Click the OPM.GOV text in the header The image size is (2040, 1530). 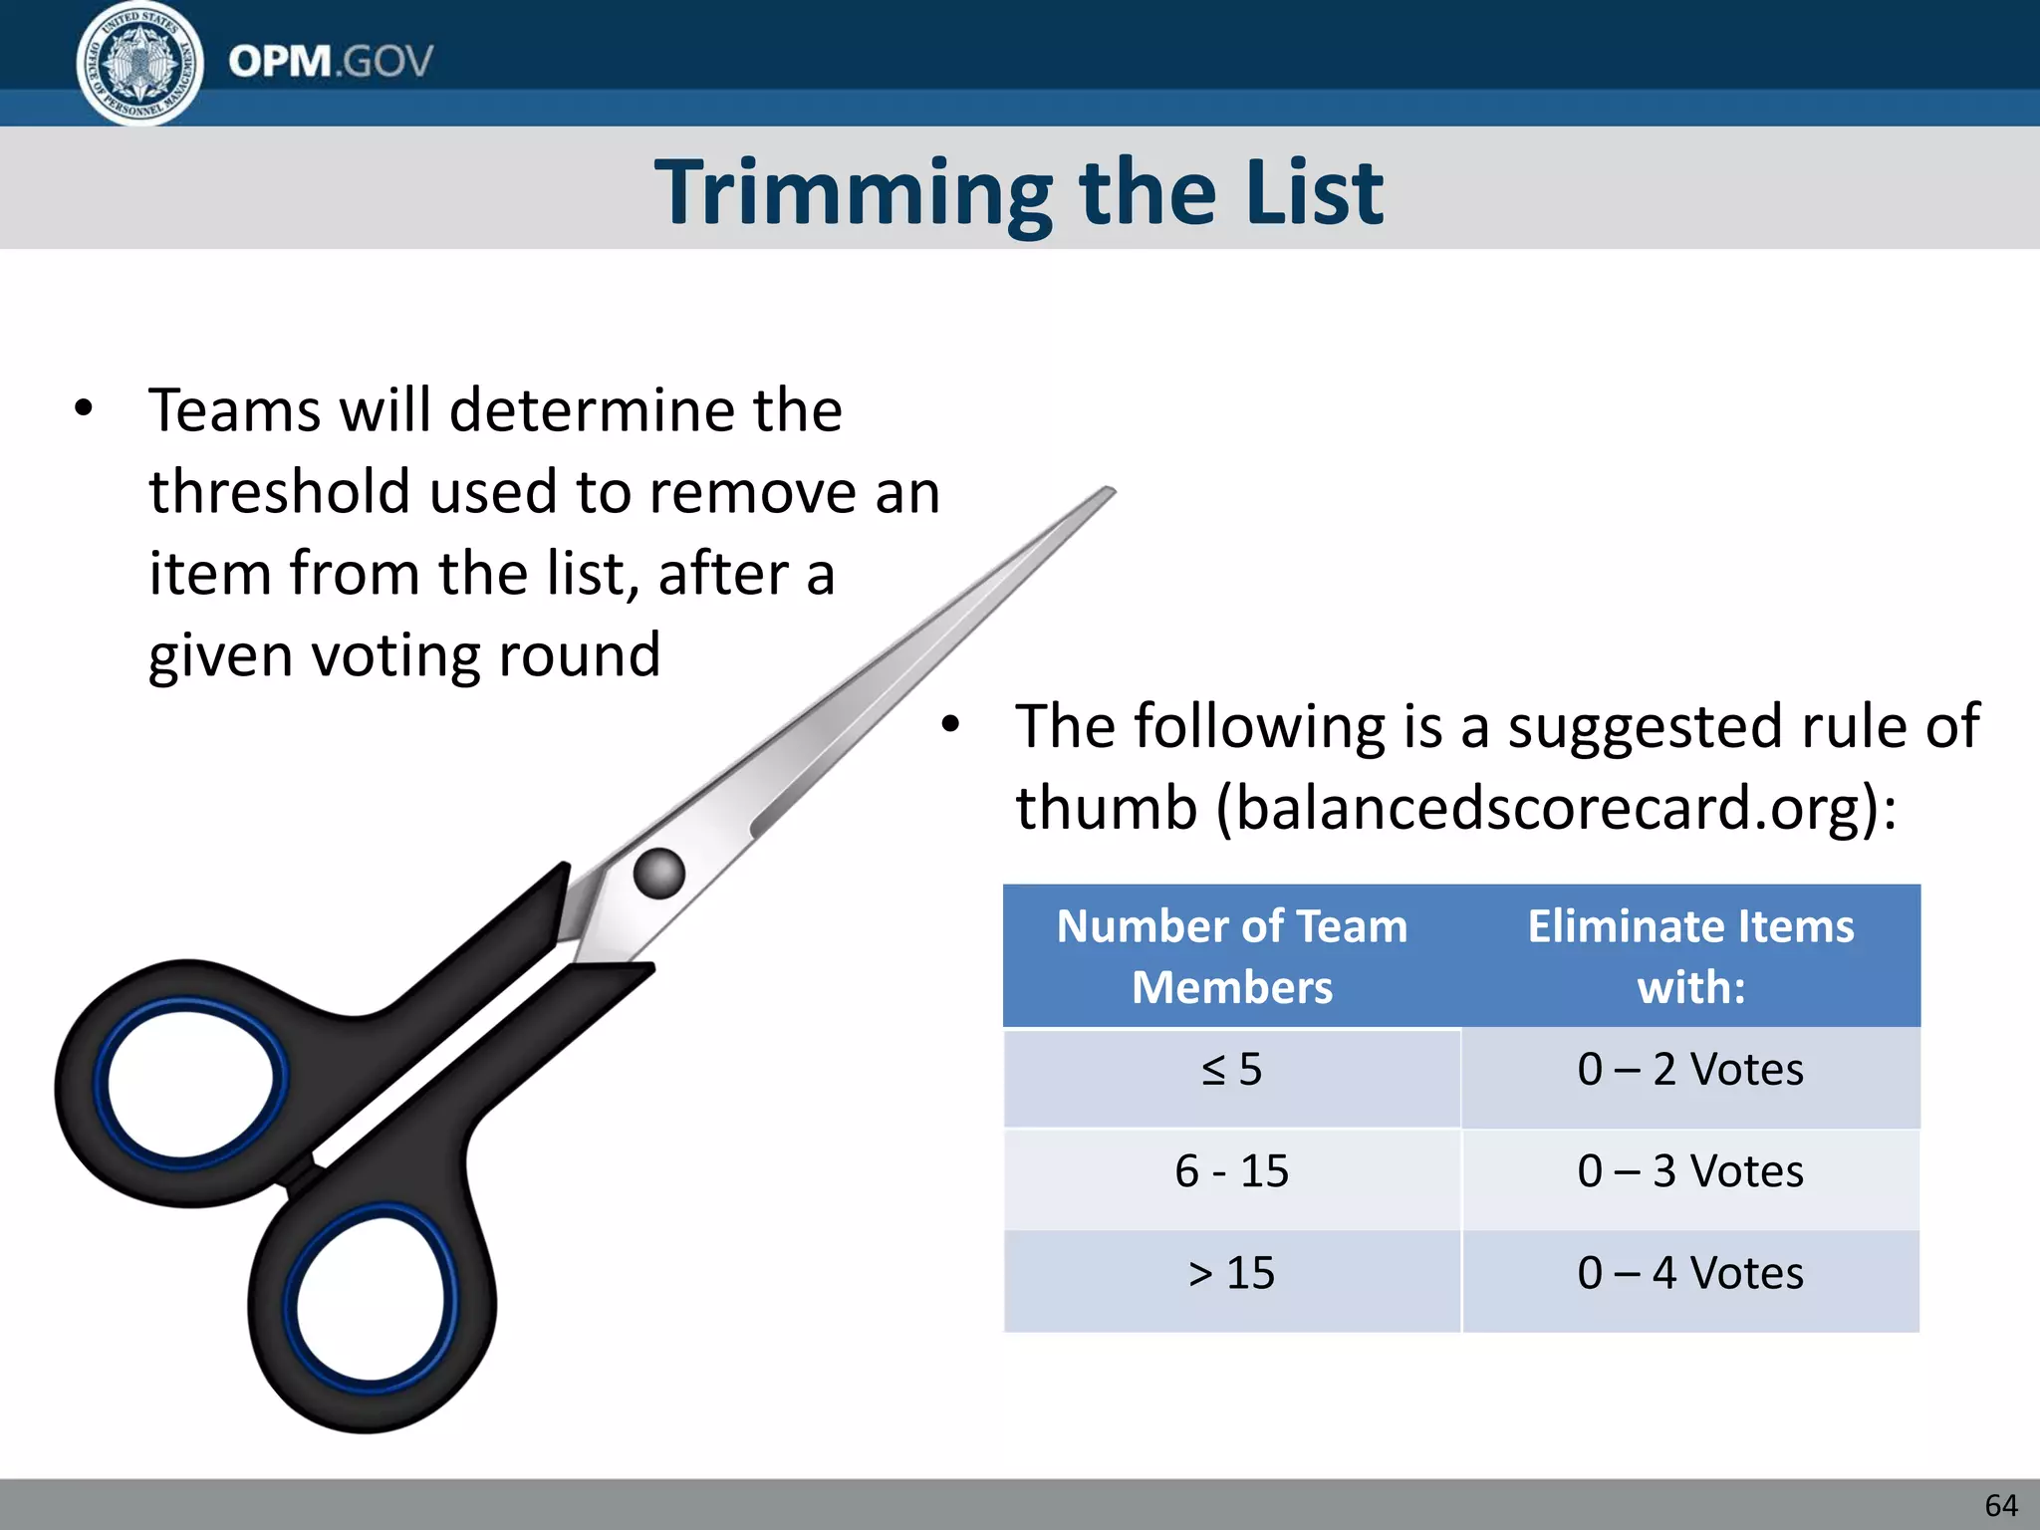[331, 62]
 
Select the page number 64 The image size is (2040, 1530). [2000, 1504]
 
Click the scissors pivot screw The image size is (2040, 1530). [659, 874]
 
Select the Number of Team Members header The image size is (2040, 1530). [1232, 956]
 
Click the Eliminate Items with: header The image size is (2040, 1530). [1690, 956]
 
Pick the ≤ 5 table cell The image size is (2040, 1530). [1232, 1071]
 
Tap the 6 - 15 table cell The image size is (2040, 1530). [1232, 1171]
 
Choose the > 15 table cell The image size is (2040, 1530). [1232, 1274]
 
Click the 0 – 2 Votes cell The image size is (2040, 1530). [1690, 1071]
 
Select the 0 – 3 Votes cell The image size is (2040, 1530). [1690, 1171]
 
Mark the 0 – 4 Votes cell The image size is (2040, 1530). [1690, 1274]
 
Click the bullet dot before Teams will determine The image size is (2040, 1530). [84, 408]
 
